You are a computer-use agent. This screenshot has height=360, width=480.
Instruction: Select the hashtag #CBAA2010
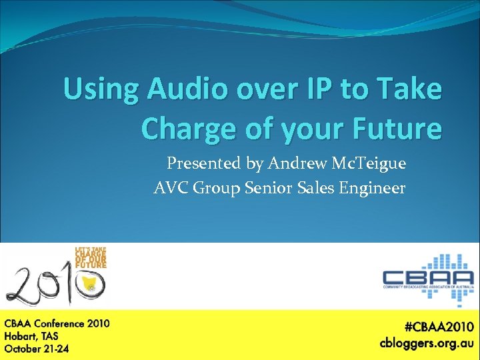pos(439,327)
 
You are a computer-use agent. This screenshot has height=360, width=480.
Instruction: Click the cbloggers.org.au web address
pos(427,343)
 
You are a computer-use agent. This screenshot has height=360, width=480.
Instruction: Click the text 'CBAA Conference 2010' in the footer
pos(57,324)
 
